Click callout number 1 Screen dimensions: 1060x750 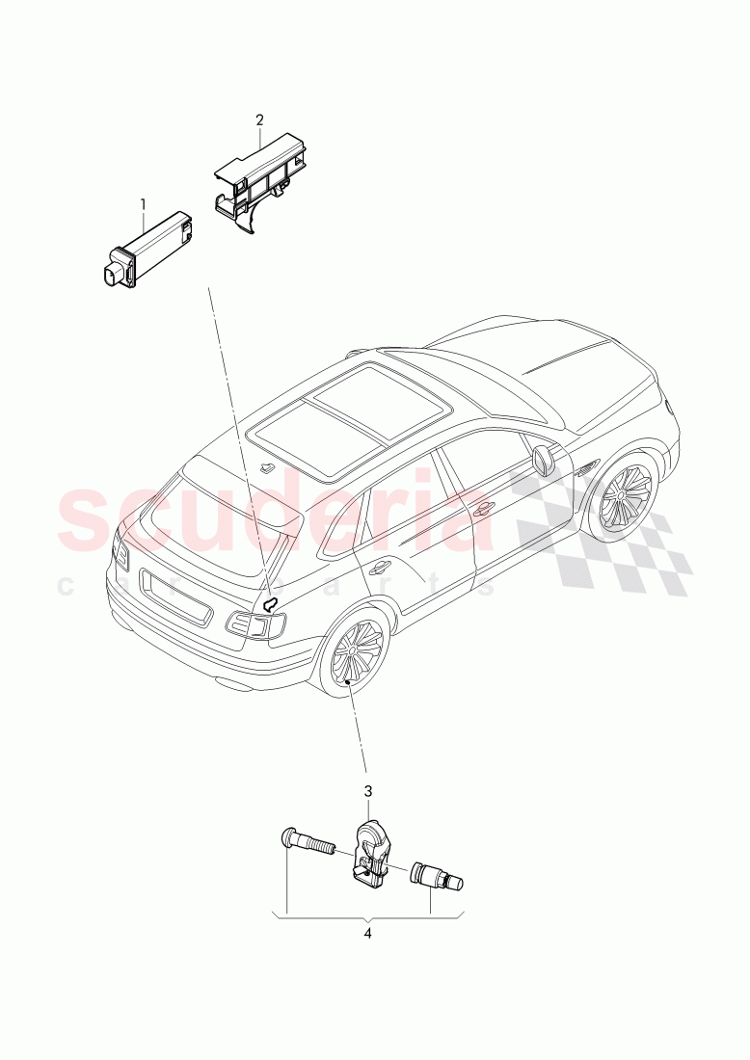[x=143, y=204]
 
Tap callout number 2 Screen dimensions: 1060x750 [x=258, y=120]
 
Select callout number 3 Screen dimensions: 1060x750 [x=367, y=791]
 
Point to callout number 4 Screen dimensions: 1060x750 [x=367, y=933]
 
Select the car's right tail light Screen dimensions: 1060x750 [x=256, y=625]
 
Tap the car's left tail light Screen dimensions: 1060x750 [x=121, y=554]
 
